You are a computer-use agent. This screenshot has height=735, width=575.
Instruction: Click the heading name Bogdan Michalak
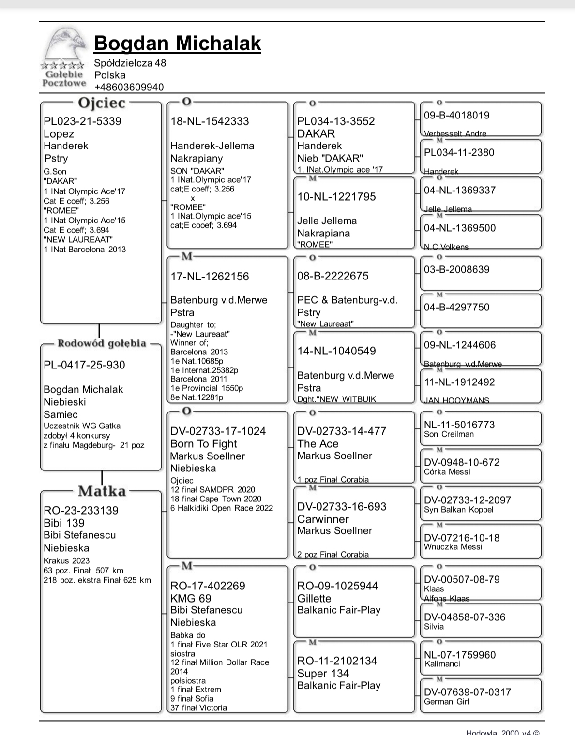[x=177, y=43]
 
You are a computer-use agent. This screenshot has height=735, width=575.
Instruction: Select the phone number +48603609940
[x=129, y=87]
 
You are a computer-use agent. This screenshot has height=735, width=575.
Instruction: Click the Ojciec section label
[x=102, y=103]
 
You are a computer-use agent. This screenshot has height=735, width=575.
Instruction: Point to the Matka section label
[x=102, y=491]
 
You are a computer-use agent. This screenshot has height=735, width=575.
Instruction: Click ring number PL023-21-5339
[x=82, y=121]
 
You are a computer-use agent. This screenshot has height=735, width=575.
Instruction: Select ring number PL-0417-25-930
[x=84, y=365]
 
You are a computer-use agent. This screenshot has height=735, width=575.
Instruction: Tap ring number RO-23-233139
[x=81, y=511]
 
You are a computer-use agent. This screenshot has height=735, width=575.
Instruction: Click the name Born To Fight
[x=204, y=444]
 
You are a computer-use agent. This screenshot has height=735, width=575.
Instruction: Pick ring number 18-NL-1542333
[x=210, y=121]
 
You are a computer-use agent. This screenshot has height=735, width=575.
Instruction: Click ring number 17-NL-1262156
[x=210, y=277]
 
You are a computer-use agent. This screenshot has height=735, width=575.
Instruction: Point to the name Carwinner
[x=323, y=519]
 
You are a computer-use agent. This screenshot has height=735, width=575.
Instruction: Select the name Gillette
[x=314, y=599]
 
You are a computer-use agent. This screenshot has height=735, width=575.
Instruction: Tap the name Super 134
[x=323, y=674]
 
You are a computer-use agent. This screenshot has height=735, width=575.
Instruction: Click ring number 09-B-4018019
[x=456, y=115]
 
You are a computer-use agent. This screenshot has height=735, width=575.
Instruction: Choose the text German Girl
[x=446, y=702]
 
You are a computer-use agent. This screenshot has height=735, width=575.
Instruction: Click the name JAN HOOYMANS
[x=457, y=400]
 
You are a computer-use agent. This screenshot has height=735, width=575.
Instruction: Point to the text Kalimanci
[x=442, y=664]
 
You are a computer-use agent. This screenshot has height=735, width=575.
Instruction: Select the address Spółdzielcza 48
[x=130, y=63]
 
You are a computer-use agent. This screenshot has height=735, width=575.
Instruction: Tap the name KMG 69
[x=191, y=599]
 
